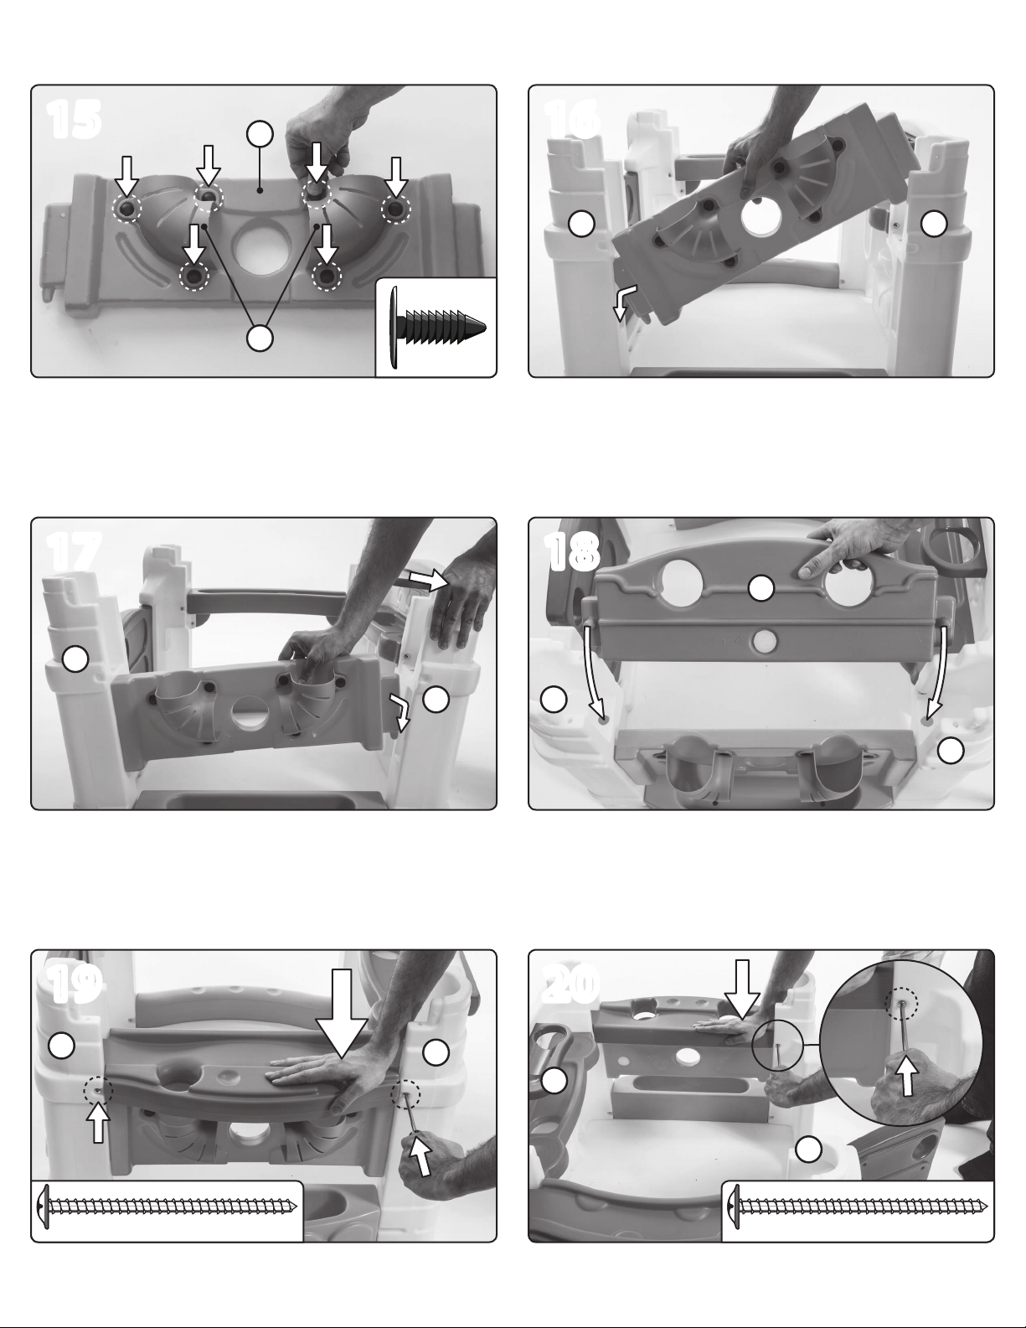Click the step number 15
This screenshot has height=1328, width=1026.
coord(74,120)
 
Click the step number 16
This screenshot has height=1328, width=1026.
coord(571,120)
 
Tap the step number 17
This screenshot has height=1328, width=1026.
coord(74,552)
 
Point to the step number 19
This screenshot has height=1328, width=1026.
coord(74,985)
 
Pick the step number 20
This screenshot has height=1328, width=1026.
coord(571,985)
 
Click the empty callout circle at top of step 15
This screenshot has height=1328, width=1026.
coord(260,134)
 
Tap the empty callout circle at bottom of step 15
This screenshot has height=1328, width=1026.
coord(260,338)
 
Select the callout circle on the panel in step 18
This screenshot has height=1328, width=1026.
coord(761,588)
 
